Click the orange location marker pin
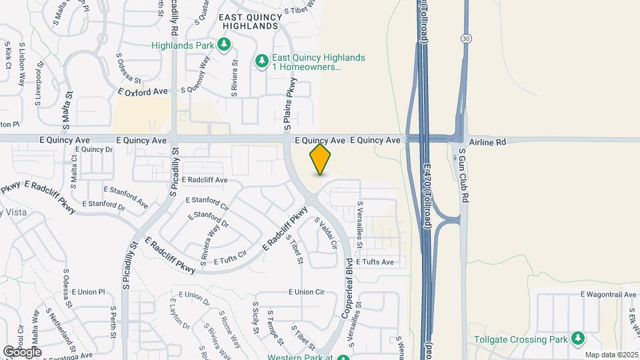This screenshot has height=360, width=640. click(321, 159)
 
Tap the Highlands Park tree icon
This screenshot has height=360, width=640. click(225, 45)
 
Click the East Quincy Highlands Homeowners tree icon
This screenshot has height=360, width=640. click(262, 62)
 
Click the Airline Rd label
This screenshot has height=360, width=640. click(488, 142)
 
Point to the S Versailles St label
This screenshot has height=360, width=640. click(360, 225)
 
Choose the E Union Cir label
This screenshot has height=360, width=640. click(306, 292)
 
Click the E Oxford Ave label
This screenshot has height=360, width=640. click(143, 91)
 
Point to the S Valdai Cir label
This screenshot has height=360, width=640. click(326, 234)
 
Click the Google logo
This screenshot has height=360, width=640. click(22, 351)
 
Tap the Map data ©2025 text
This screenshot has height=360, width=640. click(611, 355)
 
